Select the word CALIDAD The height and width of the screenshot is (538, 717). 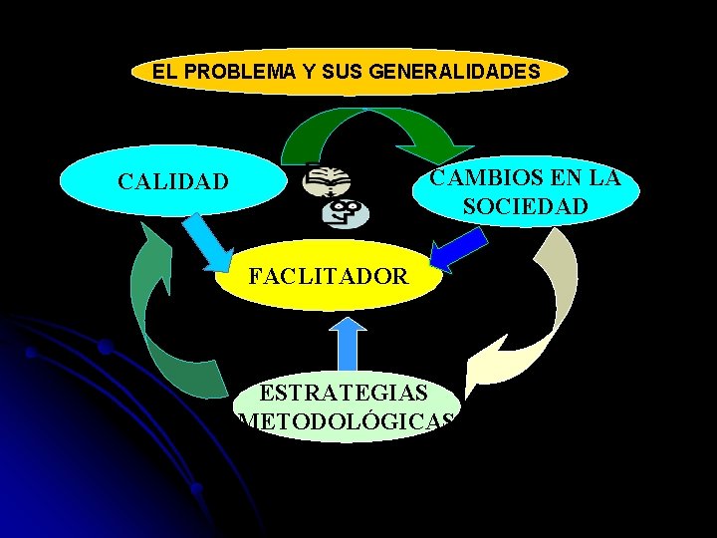(172, 182)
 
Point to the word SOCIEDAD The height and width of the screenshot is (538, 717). (525, 207)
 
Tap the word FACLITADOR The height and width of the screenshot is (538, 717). (328, 276)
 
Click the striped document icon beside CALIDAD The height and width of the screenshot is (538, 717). (325, 182)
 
